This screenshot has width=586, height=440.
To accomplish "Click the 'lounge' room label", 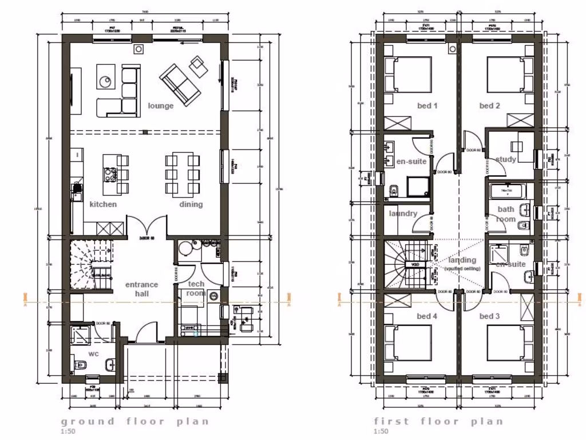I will click(x=160, y=105).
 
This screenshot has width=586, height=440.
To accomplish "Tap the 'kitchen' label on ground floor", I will click(x=103, y=204).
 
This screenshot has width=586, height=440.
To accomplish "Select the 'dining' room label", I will click(x=191, y=204).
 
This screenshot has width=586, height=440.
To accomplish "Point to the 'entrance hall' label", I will click(x=141, y=289).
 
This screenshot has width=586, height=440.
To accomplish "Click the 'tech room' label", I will click(x=196, y=289).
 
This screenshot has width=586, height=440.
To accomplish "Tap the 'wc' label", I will click(x=94, y=353).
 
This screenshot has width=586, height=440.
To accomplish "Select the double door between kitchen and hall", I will click(x=146, y=226).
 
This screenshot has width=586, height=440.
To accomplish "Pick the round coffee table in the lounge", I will click(x=106, y=82).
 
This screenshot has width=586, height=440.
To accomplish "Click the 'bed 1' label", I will click(x=427, y=105).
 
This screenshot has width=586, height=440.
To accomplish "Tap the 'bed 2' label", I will click(x=490, y=105).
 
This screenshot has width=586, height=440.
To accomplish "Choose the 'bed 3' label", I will click(x=490, y=316).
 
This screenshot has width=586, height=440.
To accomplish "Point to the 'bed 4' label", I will click(x=427, y=316).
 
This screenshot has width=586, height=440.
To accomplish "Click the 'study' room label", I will click(x=506, y=159).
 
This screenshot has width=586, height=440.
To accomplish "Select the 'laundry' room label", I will click(x=403, y=214).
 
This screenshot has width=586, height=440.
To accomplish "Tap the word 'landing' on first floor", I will click(x=462, y=260).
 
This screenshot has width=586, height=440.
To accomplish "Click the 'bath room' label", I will click(x=506, y=214).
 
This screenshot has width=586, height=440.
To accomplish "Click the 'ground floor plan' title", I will click(x=135, y=421).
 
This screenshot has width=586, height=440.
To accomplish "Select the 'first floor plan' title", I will click(x=438, y=421).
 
